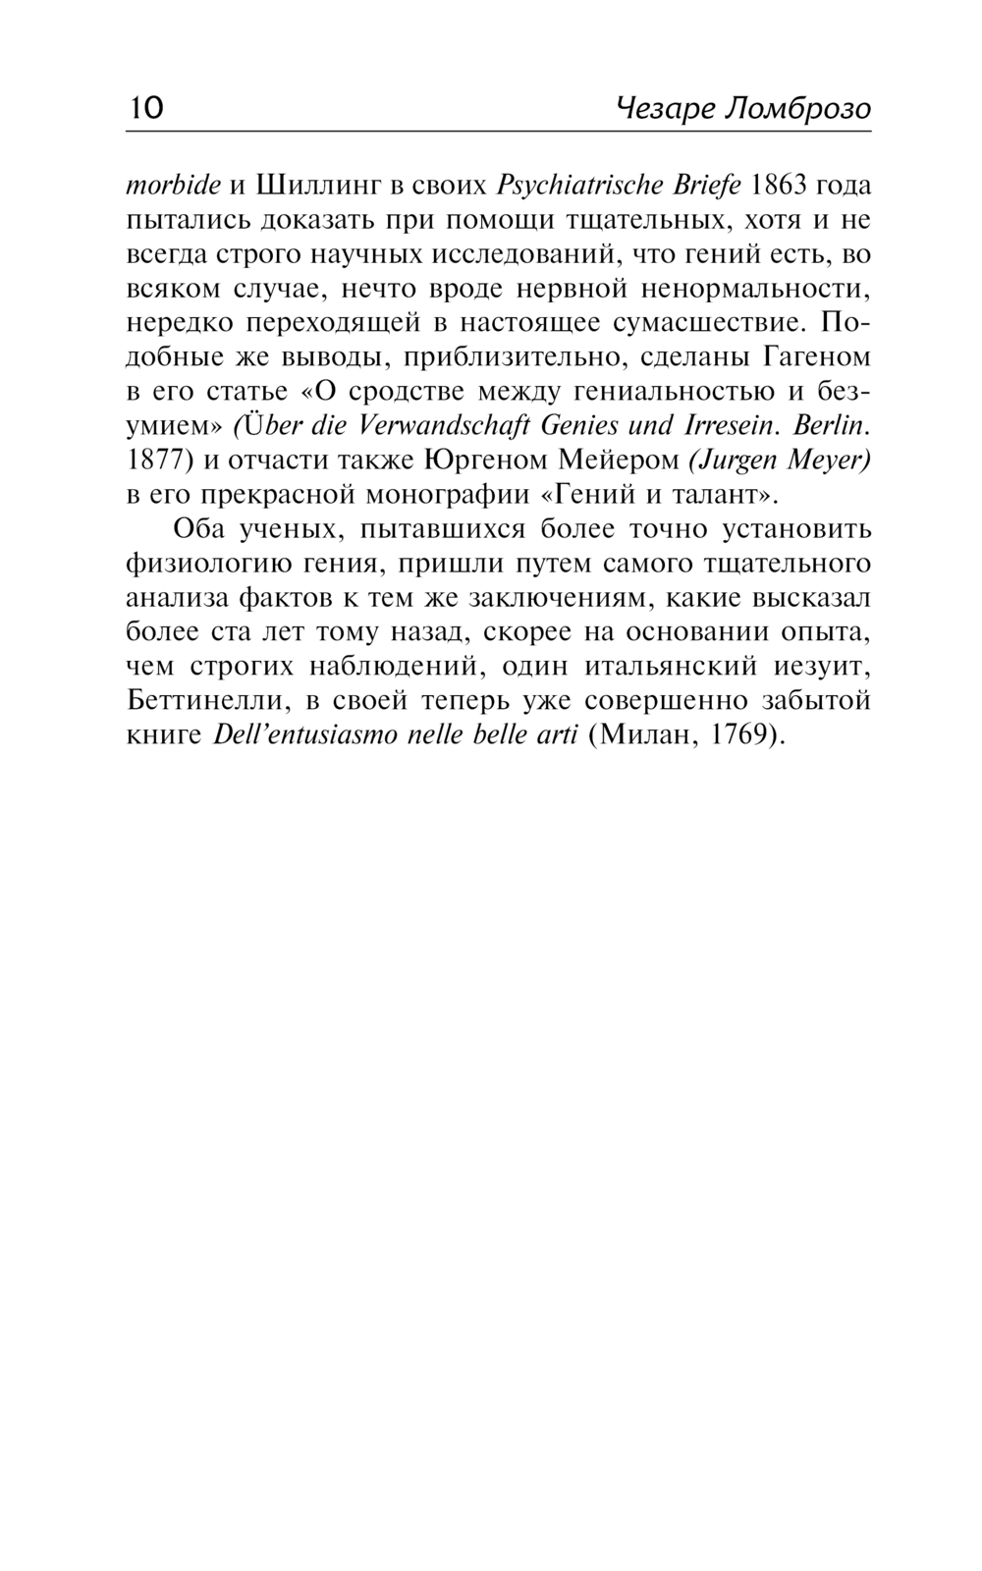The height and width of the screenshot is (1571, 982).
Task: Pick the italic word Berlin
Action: tap(831, 425)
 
